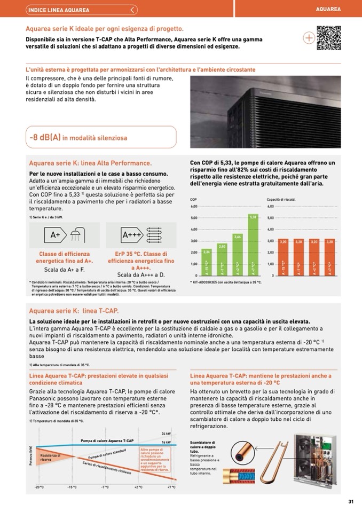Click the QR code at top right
(328, 37)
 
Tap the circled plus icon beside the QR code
(309, 38)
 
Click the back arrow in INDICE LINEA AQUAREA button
(133, 10)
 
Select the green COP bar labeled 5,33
(253, 245)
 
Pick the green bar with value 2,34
(207, 262)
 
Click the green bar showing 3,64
(238, 255)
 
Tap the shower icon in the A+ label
(75, 234)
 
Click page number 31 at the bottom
(351, 501)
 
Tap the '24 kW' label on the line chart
(166, 434)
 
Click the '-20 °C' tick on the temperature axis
(39, 487)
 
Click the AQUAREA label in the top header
(328, 9)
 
